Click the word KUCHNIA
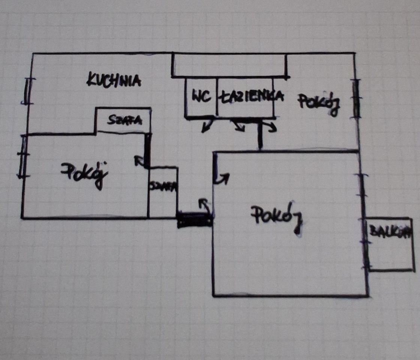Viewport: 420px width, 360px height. (x=114, y=80)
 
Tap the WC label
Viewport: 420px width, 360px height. (x=201, y=96)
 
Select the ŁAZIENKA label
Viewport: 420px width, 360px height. (x=250, y=96)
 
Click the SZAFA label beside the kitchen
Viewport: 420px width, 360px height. (x=124, y=120)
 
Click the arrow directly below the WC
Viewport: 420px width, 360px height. (x=206, y=126)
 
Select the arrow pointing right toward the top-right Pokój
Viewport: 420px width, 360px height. (x=270, y=127)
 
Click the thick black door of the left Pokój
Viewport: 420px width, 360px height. (x=147, y=150)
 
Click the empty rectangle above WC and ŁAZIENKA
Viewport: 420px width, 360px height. (x=229, y=66)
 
